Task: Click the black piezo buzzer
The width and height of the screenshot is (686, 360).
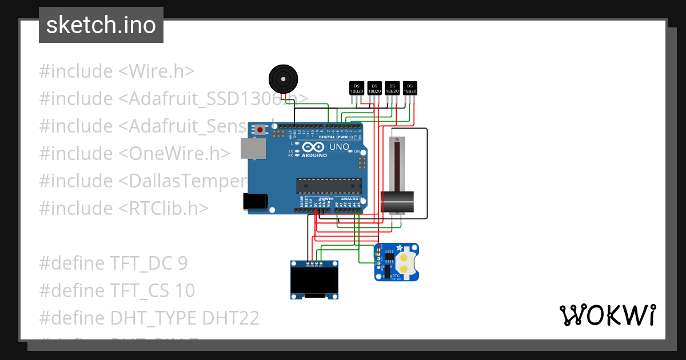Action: (x=283, y=79)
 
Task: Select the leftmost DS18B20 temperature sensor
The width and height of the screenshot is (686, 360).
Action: (x=356, y=88)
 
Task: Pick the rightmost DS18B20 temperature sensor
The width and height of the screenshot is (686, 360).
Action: (x=410, y=88)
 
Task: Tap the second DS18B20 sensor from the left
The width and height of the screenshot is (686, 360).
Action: (x=374, y=88)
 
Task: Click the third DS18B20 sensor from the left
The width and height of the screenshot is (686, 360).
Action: (x=392, y=88)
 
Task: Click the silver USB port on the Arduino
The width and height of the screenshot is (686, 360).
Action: (x=252, y=149)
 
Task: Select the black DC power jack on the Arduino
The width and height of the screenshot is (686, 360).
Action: (x=255, y=201)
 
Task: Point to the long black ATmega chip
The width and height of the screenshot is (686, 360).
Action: (x=329, y=186)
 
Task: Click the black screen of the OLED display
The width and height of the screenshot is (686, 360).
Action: (x=314, y=281)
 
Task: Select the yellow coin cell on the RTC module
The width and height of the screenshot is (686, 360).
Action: (x=405, y=263)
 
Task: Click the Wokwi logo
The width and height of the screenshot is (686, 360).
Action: (x=607, y=315)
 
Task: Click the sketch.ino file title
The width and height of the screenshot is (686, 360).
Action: (x=101, y=25)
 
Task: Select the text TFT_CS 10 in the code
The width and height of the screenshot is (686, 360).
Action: (x=153, y=291)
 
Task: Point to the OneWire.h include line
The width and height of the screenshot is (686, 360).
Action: (x=135, y=154)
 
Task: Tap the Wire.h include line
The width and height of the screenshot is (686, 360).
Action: (x=117, y=71)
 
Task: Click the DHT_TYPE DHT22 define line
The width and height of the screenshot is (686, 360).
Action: (x=149, y=318)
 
